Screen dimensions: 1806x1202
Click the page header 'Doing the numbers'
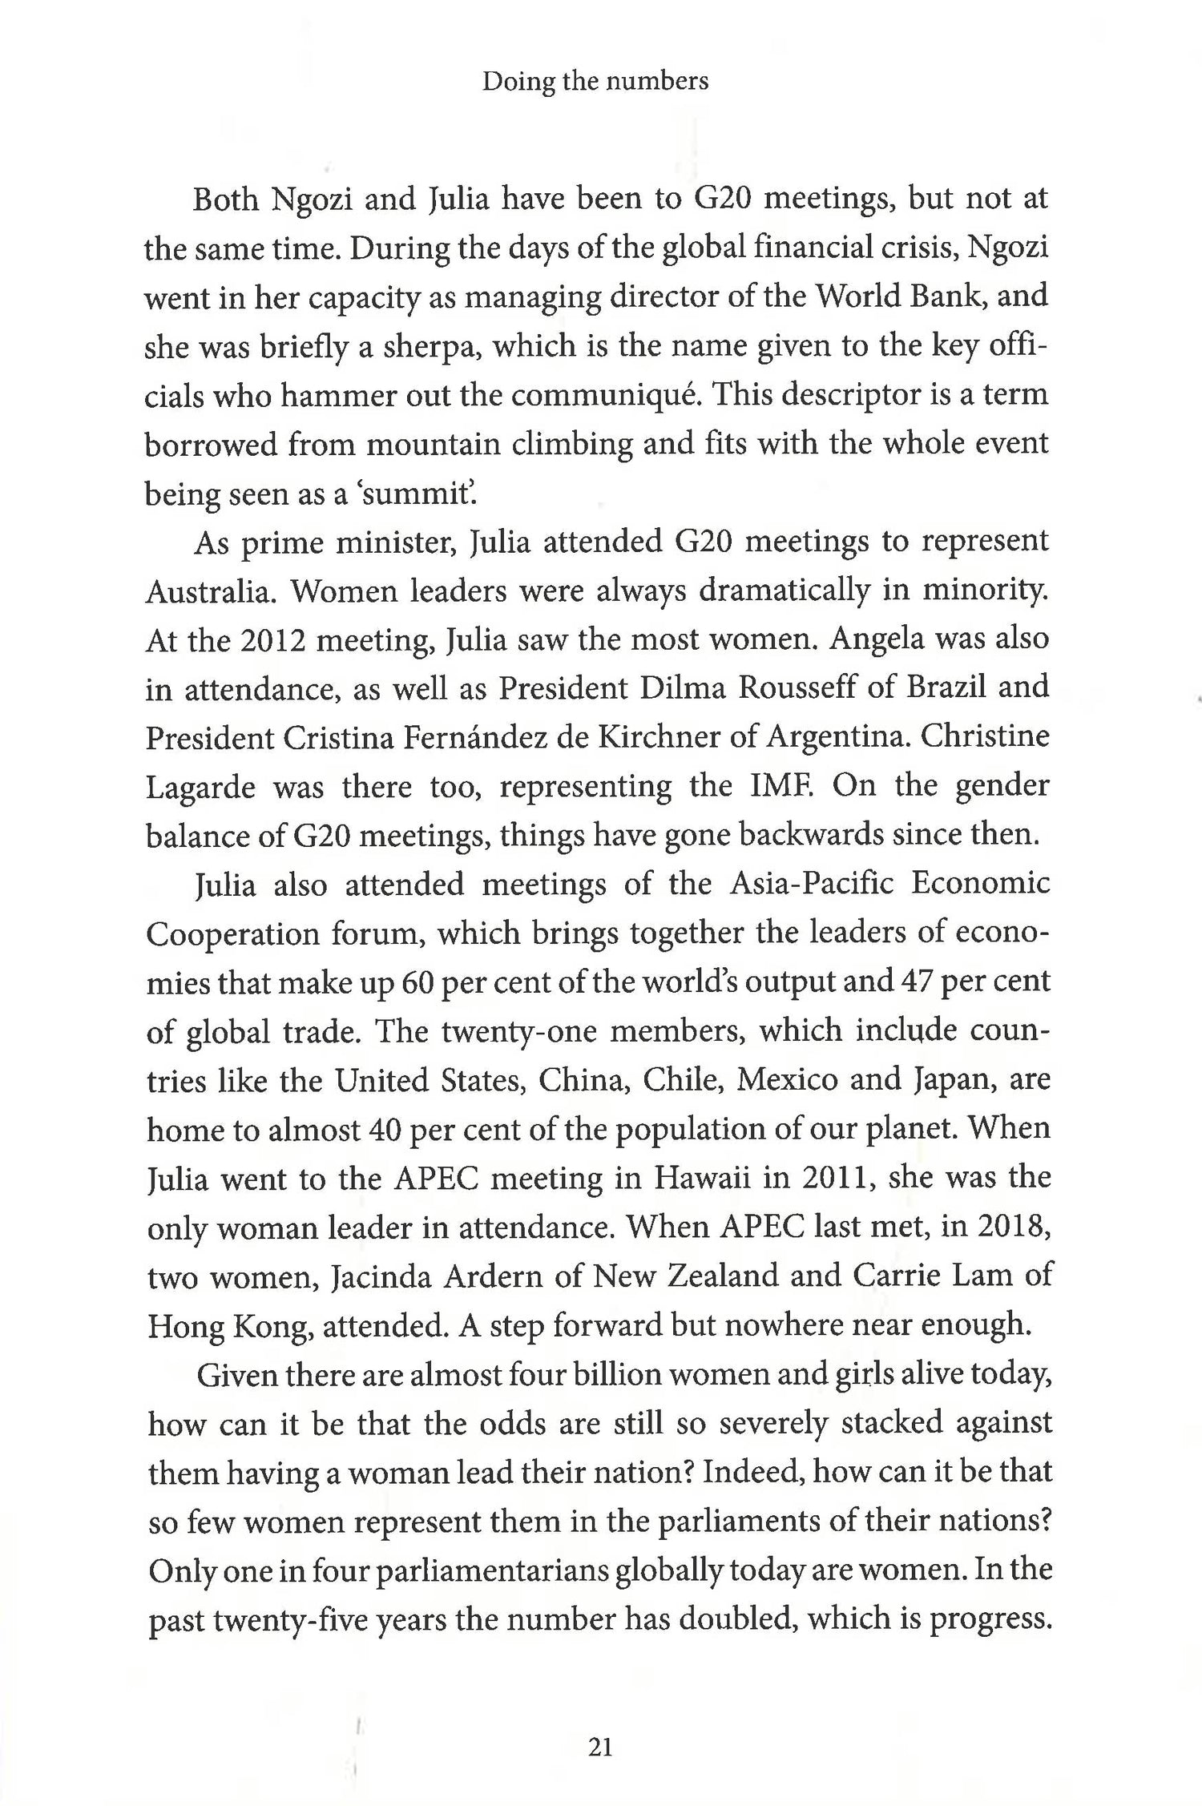[x=595, y=81]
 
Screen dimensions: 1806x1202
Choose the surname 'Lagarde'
[x=200, y=787]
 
